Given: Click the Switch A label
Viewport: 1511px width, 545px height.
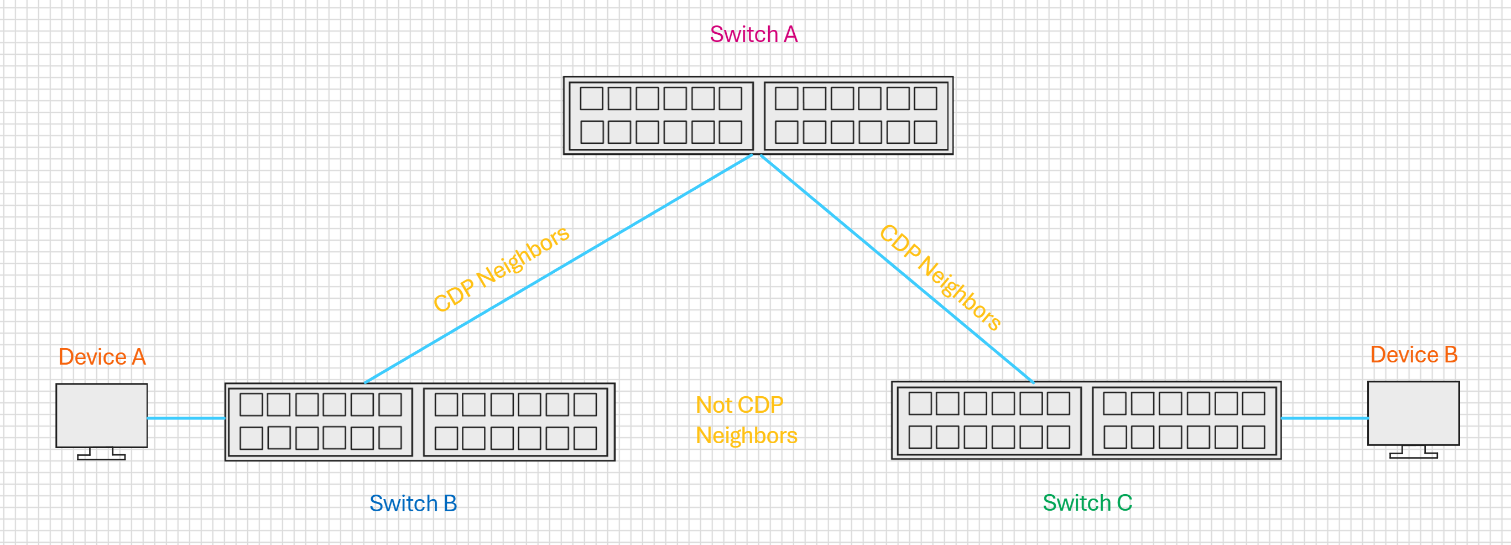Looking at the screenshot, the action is click(x=754, y=34).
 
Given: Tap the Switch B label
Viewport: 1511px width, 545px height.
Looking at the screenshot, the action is click(x=413, y=504).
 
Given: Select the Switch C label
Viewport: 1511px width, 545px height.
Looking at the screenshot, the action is click(x=1087, y=503).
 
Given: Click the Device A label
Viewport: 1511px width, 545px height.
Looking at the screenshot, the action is click(x=102, y=357).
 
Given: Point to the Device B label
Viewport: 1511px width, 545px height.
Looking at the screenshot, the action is click(x=1414, y=354).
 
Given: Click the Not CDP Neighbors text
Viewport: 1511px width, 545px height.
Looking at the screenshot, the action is click(x=746, y=420).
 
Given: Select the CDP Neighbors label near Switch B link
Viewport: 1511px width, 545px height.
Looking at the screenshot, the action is click(x=501, y=269).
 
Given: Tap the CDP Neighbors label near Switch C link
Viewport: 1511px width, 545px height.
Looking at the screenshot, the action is click(x=940, y=277).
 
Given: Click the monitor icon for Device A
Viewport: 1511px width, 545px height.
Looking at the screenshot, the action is click(x=101, y=421).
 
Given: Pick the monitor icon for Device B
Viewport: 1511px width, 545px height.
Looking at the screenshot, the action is click(x=1414, y=419).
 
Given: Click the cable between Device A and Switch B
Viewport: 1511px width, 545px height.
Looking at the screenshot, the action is click(x=186, y=418).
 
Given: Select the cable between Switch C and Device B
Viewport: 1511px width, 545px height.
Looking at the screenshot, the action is click(x=1325, y=418).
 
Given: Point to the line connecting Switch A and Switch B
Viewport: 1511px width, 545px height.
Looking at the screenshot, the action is click(x=559, y=269).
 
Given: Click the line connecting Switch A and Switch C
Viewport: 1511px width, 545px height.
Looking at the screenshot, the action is click(x=897, y=269).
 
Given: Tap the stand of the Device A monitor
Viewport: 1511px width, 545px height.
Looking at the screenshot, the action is click(x=101, y=454).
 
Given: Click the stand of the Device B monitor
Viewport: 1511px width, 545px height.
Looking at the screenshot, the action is click(x=1414, y=451).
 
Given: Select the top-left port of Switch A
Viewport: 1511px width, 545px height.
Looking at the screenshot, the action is click(x=591, y=98).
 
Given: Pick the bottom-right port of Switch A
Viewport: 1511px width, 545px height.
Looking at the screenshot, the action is click(x=925, y=132).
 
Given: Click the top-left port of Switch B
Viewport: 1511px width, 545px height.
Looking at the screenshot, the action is click(x=251, y=405).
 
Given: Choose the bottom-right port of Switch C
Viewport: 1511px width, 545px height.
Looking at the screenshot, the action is click(x=1253, y=437).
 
